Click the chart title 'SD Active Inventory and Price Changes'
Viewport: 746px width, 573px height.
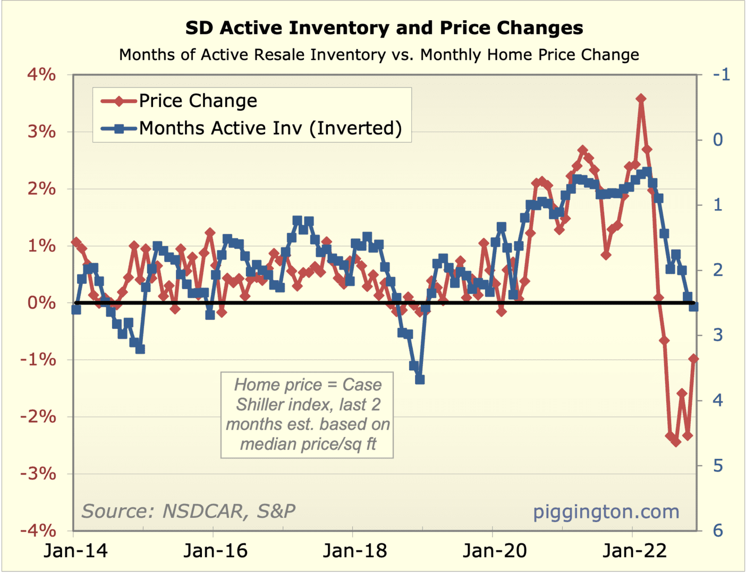pos(384,28)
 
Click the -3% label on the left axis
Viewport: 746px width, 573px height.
pos(38,473)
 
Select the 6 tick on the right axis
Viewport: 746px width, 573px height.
pos(718,530)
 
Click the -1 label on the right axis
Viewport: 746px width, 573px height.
pos(722,74)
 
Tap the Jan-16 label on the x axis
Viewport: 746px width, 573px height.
pos(215,551)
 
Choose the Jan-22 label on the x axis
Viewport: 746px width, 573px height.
pos(634,551)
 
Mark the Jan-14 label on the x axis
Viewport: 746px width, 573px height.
pos(75,551)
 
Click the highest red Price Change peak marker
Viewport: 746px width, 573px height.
pos(641,99)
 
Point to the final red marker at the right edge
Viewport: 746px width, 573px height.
pos(693,359)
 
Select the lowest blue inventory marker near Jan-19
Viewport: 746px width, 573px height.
pos(420,379)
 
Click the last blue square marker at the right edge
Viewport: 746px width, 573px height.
pos(693,307)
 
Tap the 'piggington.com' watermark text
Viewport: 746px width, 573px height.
pos(606,511)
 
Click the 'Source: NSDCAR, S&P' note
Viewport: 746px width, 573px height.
pos(188,511)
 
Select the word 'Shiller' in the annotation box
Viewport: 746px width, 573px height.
pos(261,405)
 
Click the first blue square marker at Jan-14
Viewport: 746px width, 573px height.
pos(76,309)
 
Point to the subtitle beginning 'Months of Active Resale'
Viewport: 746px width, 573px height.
pos(379,55)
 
